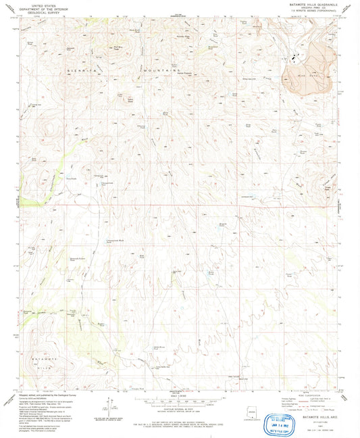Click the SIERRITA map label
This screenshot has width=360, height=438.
click(x=78, y=70)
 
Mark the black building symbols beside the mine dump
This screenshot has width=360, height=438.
click(x=294, y=58)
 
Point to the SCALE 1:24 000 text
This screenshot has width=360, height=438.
click(x=180, y=396)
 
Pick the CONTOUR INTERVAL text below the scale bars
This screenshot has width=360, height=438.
click(x=180, y=410)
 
